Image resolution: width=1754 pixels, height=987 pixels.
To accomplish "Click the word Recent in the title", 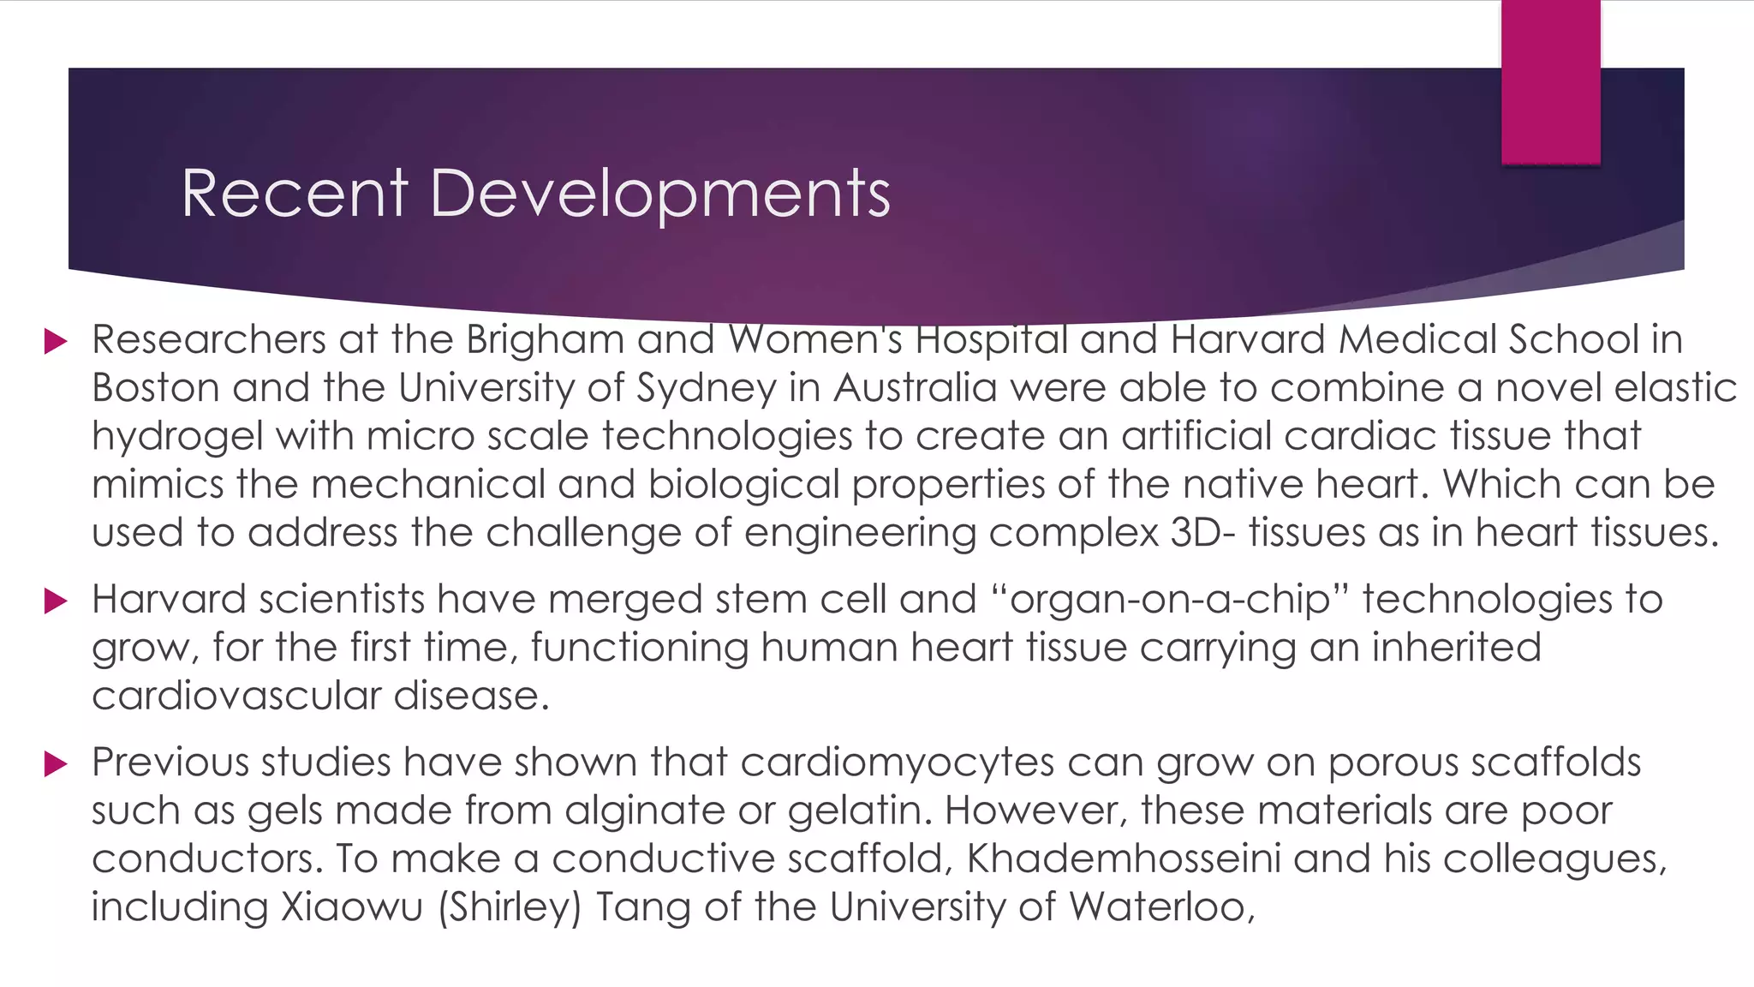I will pyautogui.click(x=295, y=194).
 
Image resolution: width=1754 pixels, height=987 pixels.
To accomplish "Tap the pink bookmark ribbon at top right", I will pyautogui.click(x=1550, y=81).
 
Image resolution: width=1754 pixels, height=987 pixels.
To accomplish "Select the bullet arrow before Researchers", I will pyautogui.click(x=56, y=342).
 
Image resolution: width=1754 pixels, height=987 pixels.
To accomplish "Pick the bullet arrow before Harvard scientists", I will pyautogui.click(x=56, y=601).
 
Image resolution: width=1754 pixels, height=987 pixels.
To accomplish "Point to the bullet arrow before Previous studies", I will pyautogui.click(x=56, y=763).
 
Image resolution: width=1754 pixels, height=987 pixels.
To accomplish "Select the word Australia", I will pyautogui.click(x=915, y=387).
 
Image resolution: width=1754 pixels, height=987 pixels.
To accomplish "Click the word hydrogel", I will pyautogui.click(x=176, y=437).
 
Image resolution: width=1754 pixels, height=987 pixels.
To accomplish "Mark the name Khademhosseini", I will pyautogui.click(x=1124, y=858).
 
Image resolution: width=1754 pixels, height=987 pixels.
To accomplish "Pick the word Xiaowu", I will pyautogui.click(x=352, y=906).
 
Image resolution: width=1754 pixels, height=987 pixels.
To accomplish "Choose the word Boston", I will pyautogui.click(x=156, y=387).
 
